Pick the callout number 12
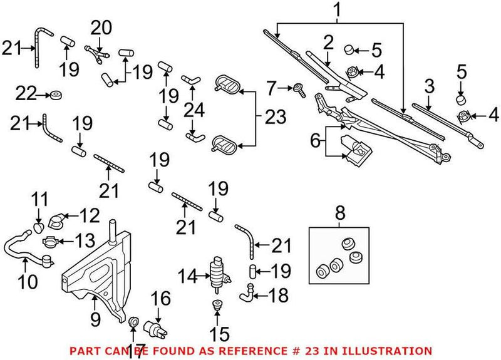(x=90, y=216)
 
